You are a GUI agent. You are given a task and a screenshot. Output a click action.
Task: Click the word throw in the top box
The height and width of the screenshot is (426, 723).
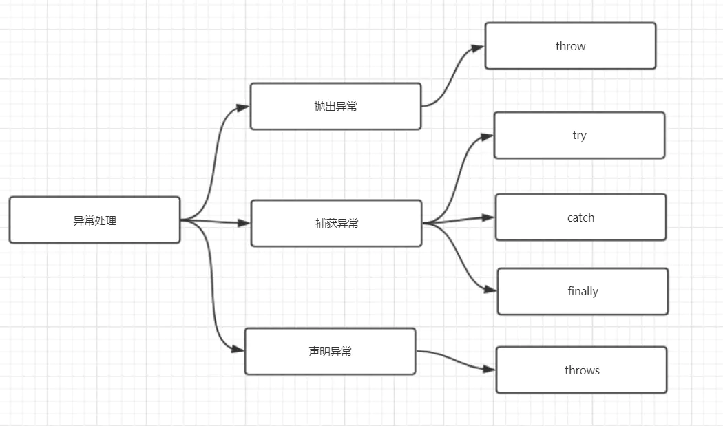570,46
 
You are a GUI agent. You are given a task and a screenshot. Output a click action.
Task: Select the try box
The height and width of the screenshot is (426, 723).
579,135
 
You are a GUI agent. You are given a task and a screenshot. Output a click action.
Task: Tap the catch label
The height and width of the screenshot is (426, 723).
580,217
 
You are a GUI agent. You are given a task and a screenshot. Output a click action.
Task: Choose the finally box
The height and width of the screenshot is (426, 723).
583,291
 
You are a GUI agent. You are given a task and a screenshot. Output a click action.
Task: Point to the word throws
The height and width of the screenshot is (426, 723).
582,370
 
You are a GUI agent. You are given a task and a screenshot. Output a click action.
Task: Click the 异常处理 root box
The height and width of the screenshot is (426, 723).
94,220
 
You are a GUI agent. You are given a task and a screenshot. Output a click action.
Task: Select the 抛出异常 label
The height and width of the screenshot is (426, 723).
336,107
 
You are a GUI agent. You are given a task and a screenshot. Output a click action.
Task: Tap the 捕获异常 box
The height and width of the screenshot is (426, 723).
336,223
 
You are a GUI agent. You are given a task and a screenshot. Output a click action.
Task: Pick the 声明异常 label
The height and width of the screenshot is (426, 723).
330,351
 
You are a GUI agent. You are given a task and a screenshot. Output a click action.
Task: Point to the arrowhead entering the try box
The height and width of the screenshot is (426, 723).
487,136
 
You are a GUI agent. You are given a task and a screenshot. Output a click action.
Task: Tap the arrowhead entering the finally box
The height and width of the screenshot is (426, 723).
490,290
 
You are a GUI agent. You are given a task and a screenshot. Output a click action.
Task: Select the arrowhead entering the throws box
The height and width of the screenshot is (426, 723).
489,369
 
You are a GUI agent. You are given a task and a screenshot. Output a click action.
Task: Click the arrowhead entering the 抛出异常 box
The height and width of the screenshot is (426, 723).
243,107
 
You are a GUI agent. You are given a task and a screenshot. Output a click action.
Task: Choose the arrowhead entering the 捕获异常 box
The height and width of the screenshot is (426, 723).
244,223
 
